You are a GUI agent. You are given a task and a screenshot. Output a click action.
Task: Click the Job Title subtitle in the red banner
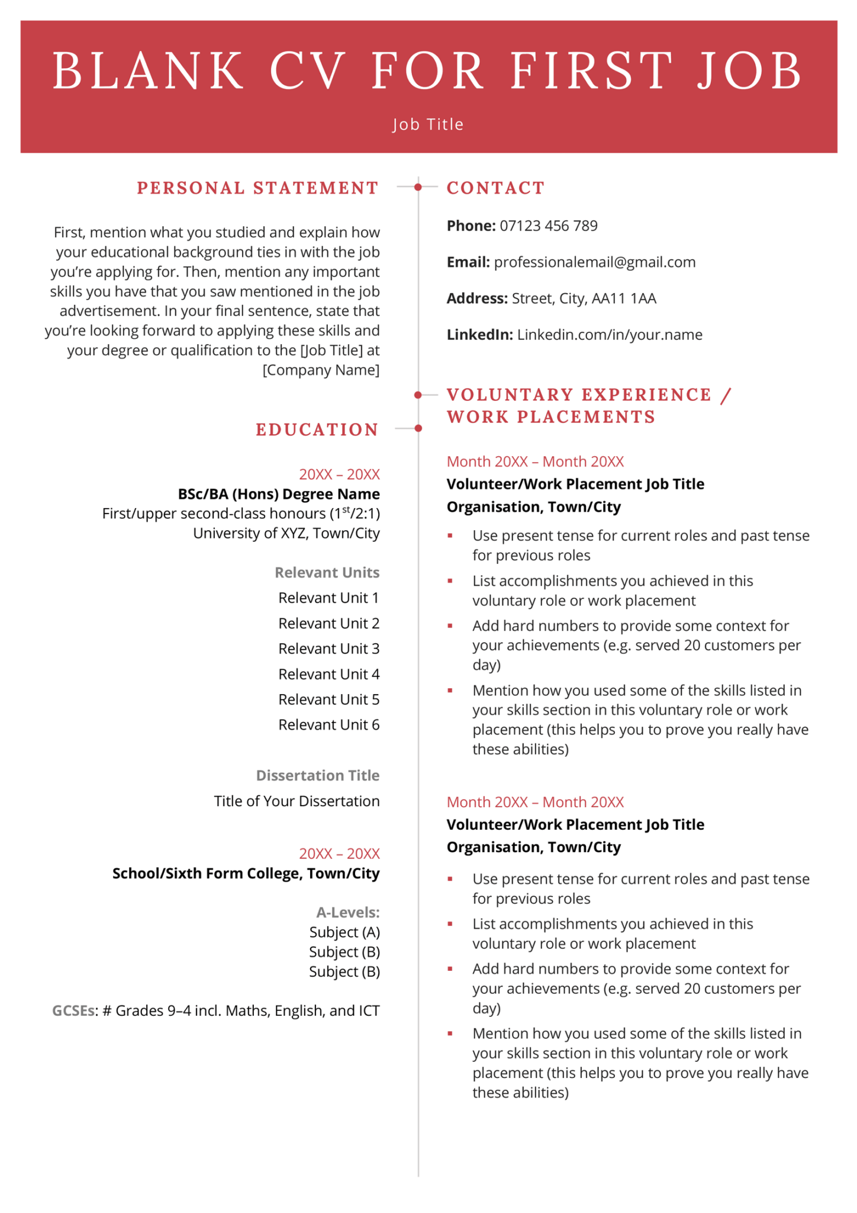[428, 124]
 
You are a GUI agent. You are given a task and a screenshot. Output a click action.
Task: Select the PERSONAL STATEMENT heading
[257, 188]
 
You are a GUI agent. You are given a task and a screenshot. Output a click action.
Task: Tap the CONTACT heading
[495, 188]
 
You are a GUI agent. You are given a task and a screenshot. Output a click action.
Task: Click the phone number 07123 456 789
[548, 226]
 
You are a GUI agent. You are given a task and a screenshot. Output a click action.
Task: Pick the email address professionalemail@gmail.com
[594, 262]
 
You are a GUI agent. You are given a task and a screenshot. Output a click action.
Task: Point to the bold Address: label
[476, 299]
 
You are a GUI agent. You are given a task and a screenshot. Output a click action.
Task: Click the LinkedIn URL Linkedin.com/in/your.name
[609, 335]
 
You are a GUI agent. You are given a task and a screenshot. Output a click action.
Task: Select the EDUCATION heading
[317, 430]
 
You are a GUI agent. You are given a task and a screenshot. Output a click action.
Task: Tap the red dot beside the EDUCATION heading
[418, 428]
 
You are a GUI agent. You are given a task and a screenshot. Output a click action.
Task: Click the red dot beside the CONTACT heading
[418, 187]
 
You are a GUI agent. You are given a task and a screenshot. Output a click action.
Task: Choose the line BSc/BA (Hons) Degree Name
[279, 494]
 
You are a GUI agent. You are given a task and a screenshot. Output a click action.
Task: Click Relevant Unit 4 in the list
[328, 674]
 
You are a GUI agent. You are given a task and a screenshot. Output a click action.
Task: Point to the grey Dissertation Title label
[317, 775]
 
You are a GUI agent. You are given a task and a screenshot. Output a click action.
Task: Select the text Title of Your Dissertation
[297, 801]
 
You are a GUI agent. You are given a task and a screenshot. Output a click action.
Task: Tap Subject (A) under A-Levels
[344, 932]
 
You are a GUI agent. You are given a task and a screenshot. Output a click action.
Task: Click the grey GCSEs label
[73, 1010]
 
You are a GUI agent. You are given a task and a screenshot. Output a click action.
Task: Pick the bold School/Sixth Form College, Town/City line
[246, 874]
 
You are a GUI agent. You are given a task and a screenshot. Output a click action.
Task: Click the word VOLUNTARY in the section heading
[510, 395]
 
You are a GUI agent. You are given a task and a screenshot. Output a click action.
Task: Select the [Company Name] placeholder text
[321, 370]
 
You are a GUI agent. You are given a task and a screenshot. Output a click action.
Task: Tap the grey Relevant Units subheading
[327, 573]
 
